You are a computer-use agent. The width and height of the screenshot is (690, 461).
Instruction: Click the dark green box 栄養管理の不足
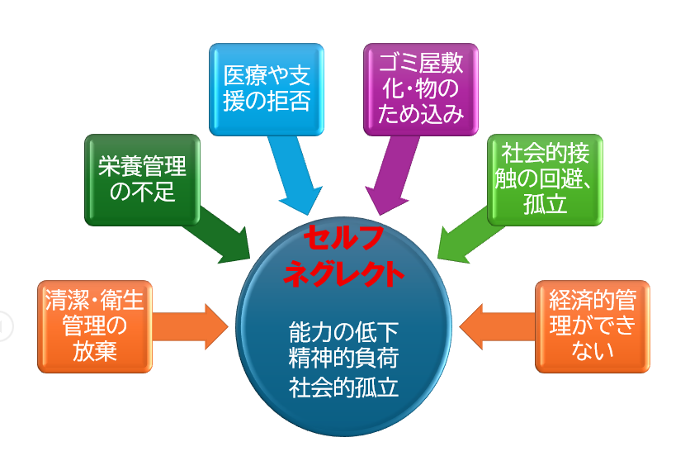(x=142, y=180)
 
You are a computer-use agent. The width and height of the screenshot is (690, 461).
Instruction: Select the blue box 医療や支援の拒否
(x=267, y=89)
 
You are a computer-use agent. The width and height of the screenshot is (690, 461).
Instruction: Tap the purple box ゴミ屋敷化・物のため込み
(x=421, y=89)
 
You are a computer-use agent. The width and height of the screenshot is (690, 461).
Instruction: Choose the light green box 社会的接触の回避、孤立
(x=545, y=180)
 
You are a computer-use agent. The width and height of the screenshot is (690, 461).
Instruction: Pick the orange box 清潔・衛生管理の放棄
(x=95, y=326)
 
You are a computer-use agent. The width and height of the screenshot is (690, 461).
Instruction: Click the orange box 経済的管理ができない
(x=593, y=326)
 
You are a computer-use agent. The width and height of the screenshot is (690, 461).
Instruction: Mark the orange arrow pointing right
(x=190, y=326)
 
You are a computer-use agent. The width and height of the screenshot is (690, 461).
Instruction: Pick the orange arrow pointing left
(x=497, y=326)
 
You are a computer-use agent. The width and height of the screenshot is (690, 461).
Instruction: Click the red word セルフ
(x=343, y=237)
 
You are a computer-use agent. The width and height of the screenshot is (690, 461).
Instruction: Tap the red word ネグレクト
(x=343, y=273)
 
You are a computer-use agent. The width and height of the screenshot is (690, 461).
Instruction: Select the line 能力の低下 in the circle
(x=343, y=332)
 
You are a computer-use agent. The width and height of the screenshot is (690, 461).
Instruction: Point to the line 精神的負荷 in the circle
(x=343, y=359)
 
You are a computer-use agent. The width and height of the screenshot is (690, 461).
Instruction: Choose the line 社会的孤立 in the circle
(x=343, y=387)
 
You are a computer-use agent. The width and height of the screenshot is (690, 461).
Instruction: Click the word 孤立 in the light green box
(x=545, y=204)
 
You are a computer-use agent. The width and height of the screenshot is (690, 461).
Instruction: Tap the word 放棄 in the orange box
(x=95, y=351)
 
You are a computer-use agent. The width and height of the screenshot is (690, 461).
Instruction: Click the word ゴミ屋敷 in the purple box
(x=421, y=64)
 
